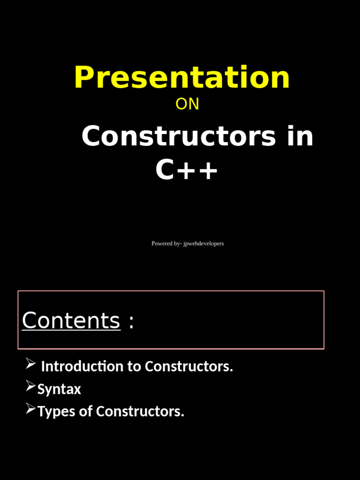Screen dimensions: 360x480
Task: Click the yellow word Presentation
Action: (x=182, y=77)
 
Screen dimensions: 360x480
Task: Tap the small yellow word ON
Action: (x=187, y=104)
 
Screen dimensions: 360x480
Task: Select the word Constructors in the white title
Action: (x=179, y=136)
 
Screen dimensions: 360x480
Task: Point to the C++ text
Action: (x=187, y=170)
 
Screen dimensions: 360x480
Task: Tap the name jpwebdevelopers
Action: (x=203, y=244)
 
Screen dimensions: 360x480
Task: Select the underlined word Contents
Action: (x=71, y=321)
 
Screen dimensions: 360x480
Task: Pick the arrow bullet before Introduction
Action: (x=30, y=363)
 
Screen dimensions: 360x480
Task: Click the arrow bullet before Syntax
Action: (x=30, y=386)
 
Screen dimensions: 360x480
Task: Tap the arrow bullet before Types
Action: (x=30, y=408)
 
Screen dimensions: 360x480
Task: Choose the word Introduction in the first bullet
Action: (x=82, y=367)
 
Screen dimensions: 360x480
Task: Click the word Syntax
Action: (x=59, y=390)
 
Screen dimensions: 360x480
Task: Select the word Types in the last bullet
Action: (x=57, y=412)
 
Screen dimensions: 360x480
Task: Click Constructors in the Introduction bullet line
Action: (x=189, y=367)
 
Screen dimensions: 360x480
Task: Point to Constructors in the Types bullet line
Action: (x=140, y=412)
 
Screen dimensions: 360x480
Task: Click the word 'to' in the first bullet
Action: (x=134, y=367)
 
